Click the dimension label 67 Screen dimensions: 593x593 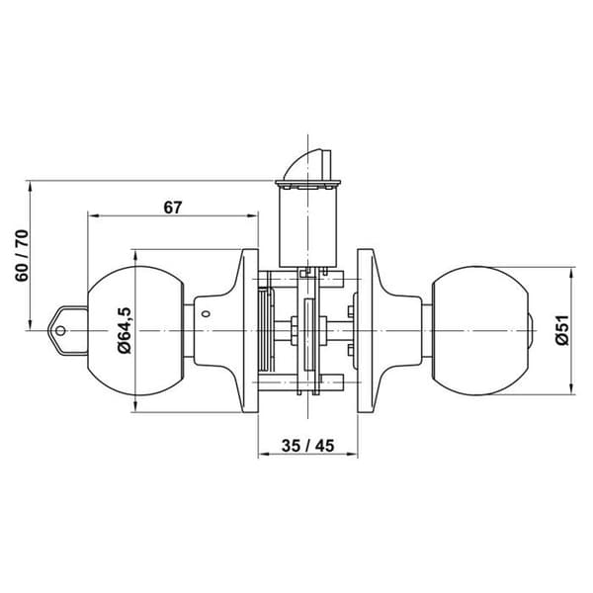pyautogui.click(x=173, y=208)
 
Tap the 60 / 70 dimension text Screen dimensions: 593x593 pyautogui.click(x=22, y=255)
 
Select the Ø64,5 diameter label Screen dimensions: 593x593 pyautogui.click(x=125, y=330)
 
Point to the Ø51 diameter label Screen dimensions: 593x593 pyautogui.click(x=562, y=330)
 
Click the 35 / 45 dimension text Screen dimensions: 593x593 pyautogui.click(x=307, y=446)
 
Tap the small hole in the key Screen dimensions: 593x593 pyautogui.click(x=60, y=331)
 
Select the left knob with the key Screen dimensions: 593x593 pyautogui.click(x=135, y=331)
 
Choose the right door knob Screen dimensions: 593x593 pyautogui.click(x=480, y=331)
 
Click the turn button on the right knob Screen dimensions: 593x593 pyautogui.click(x=532, y=331)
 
